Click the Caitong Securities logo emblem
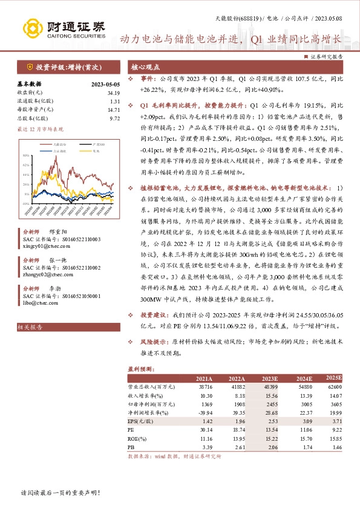click(31, 28)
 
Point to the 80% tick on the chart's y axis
click(27, 157)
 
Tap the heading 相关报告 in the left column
click(30, 327)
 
